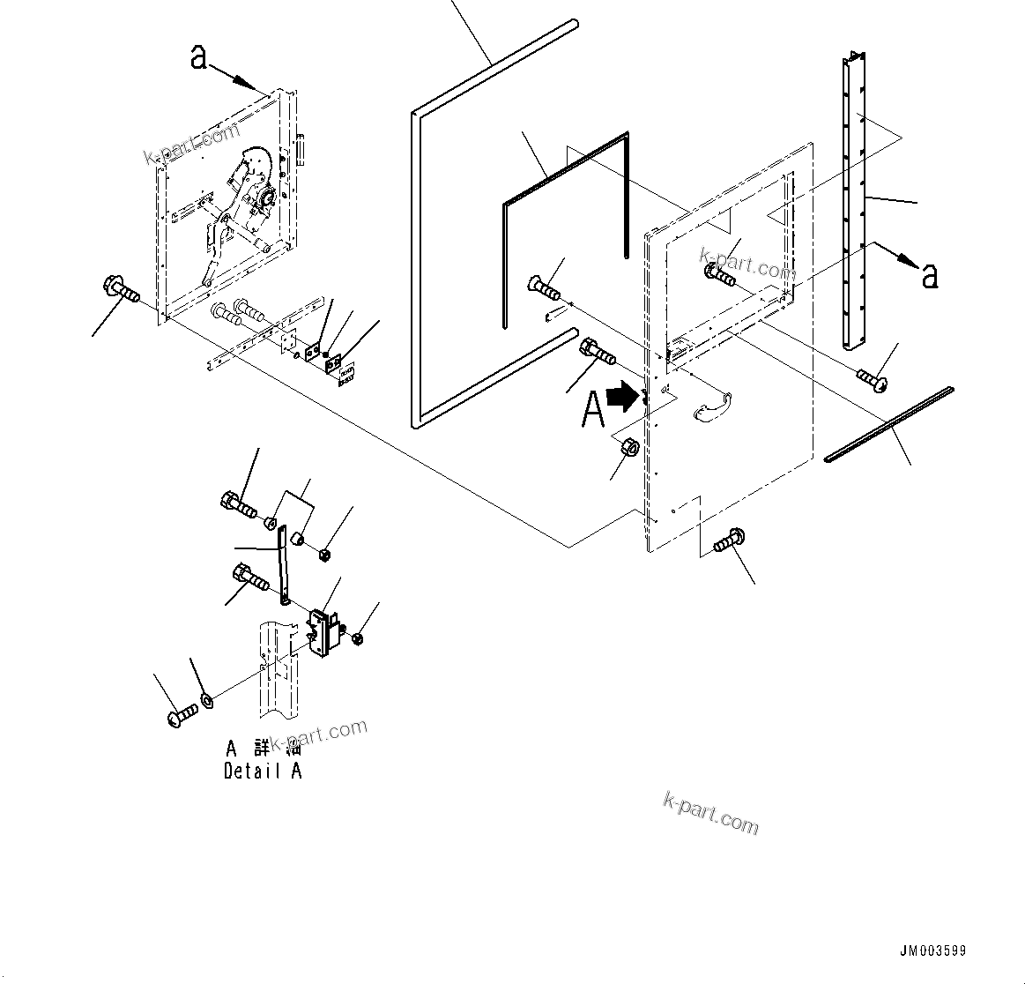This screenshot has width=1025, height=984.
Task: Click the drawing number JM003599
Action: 932,951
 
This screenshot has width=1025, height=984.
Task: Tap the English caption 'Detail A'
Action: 263,772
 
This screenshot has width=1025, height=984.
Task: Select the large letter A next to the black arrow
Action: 593,410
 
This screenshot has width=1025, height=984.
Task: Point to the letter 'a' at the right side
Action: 929,275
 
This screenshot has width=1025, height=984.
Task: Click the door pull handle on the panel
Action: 713,405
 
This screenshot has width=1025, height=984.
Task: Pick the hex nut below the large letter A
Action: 631,446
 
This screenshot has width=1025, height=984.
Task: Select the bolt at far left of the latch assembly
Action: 119,289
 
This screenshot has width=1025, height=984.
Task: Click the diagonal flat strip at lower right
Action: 890,424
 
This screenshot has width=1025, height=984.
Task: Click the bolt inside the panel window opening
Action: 719,276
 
